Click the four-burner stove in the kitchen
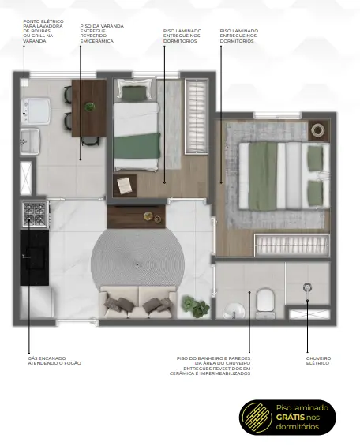35,213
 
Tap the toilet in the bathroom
265,303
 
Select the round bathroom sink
234,311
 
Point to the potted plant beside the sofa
196,306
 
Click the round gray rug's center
137,264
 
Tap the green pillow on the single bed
134,92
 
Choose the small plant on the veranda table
89,107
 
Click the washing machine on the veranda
36,111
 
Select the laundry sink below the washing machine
30,141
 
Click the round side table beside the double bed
317,130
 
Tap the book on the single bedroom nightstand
125,186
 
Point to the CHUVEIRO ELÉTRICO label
318,361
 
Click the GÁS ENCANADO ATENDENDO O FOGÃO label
54,361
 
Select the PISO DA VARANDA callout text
102,34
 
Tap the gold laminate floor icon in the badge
256,418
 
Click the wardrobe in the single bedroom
197,117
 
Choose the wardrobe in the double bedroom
292,245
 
